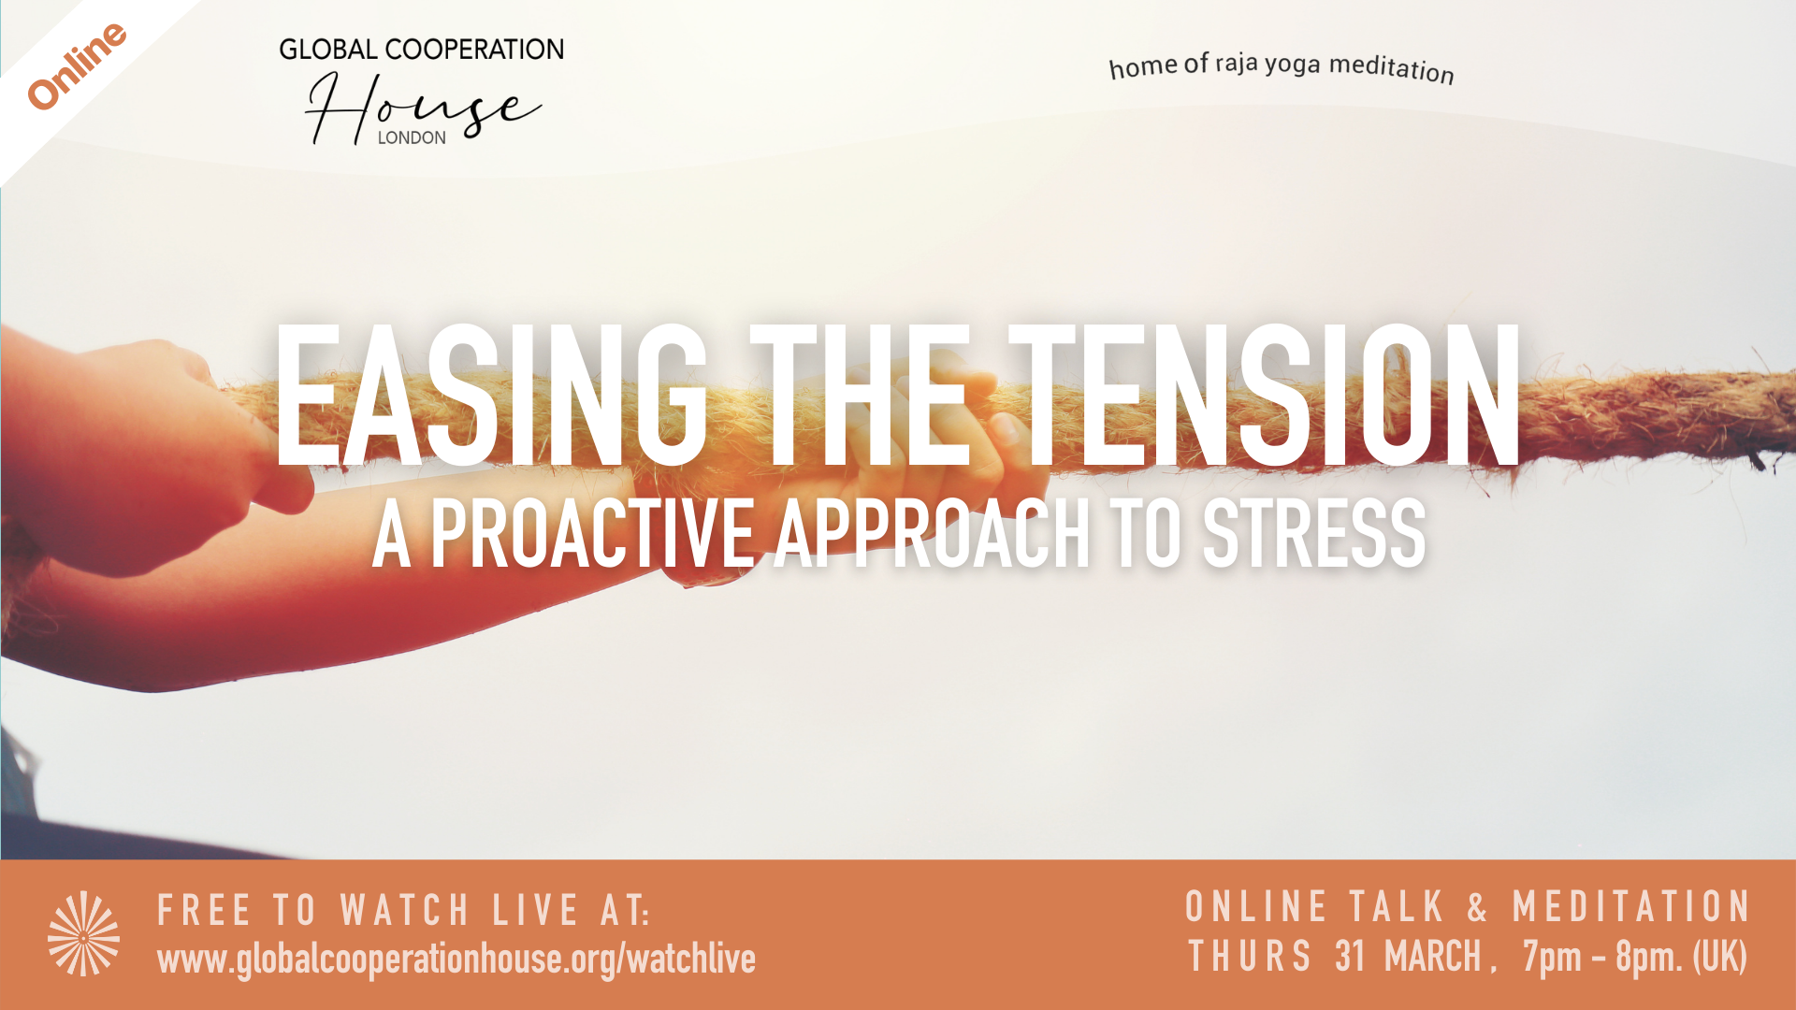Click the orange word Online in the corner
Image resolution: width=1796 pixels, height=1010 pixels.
click(77, 65)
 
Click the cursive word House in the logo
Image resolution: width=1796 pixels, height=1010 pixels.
click(423, 110)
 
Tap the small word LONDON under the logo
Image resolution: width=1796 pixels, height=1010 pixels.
click(412, 137)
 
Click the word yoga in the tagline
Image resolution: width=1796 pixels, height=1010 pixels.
click(1293, 65)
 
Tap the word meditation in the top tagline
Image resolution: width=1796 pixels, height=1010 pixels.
click(1392, 68)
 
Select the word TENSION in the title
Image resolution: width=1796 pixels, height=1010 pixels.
click(1266, 396)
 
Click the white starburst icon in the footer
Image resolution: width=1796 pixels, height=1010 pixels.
click(84, 933)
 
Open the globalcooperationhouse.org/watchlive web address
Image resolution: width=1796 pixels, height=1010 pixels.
click(456, 959)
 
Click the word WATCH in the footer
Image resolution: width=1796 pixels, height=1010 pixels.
click(405, 911)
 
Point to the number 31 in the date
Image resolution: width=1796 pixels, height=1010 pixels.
click(1350, 957)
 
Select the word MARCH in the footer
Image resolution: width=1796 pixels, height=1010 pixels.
click(1433, 957)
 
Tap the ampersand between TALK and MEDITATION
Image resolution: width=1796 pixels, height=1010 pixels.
click(1477, 907)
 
